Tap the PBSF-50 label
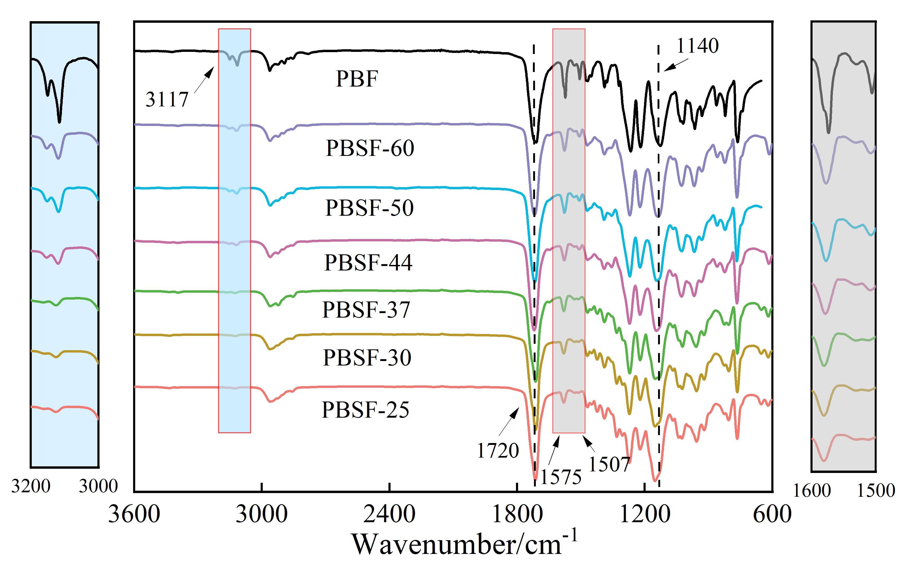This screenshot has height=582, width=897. (369, 208)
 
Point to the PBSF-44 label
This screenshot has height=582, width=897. (368, 263)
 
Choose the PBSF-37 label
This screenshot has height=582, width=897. (366, 310)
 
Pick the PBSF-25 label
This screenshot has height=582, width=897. (365, 410)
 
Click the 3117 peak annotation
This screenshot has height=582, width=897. (167, 100)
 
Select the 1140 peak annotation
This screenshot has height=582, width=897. (698, 46)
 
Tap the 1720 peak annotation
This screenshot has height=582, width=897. (498, 450)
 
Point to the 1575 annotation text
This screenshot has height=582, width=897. (560, 477)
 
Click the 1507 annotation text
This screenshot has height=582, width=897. (609, 464)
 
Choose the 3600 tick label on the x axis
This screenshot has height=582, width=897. (134, 514)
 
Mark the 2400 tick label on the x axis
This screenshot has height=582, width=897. (389, 514)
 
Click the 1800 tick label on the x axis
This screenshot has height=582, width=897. (517, 514)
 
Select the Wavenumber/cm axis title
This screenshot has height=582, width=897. (464, 544)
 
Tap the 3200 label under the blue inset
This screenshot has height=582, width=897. (30, 486)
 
